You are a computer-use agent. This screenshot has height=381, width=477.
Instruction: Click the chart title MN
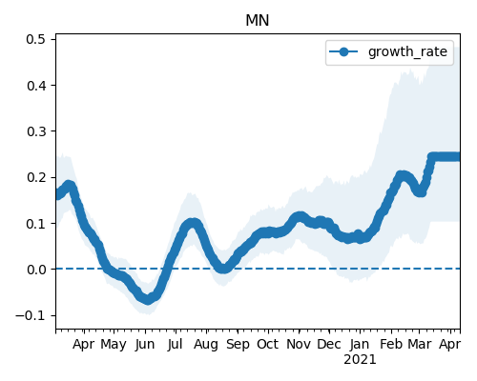click(x=258, y=21)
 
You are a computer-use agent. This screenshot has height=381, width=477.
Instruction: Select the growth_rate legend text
click(x=407, y=51)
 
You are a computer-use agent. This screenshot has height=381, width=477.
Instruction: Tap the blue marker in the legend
click(x=343, y=51)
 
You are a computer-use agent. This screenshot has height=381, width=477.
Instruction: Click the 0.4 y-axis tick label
click(x=37, y=86)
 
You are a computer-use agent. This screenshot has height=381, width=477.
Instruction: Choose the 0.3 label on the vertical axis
click(x=37, y=131)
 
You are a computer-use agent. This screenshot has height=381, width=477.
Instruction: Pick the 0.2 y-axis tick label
click(x=37, y=177)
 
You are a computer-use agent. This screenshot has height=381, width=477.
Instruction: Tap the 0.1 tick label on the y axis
click(x=37, y=224)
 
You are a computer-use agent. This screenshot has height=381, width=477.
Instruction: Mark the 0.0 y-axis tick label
click(x=37, y=270)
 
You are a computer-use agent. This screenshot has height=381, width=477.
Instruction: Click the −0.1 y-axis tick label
click(x=31, y=315)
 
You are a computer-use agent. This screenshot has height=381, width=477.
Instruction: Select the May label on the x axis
click(x=114, y=345)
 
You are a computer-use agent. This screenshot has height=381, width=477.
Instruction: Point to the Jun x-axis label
click(x=145, y=345)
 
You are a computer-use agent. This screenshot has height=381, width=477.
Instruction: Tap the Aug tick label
click(x=206, y=345)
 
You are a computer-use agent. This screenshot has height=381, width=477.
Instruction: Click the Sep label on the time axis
click(x=238, y=345)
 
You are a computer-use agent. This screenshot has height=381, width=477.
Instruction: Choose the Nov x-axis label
click(x=299, y=344)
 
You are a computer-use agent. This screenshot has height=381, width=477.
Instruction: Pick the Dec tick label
click(x=329, y=344)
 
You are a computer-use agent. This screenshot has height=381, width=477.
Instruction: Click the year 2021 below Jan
click(x=360, y=360)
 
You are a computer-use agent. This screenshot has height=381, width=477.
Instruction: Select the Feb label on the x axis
click(x=391, y=344)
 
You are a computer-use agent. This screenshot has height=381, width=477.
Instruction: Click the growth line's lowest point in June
click(x=148, y=299)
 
